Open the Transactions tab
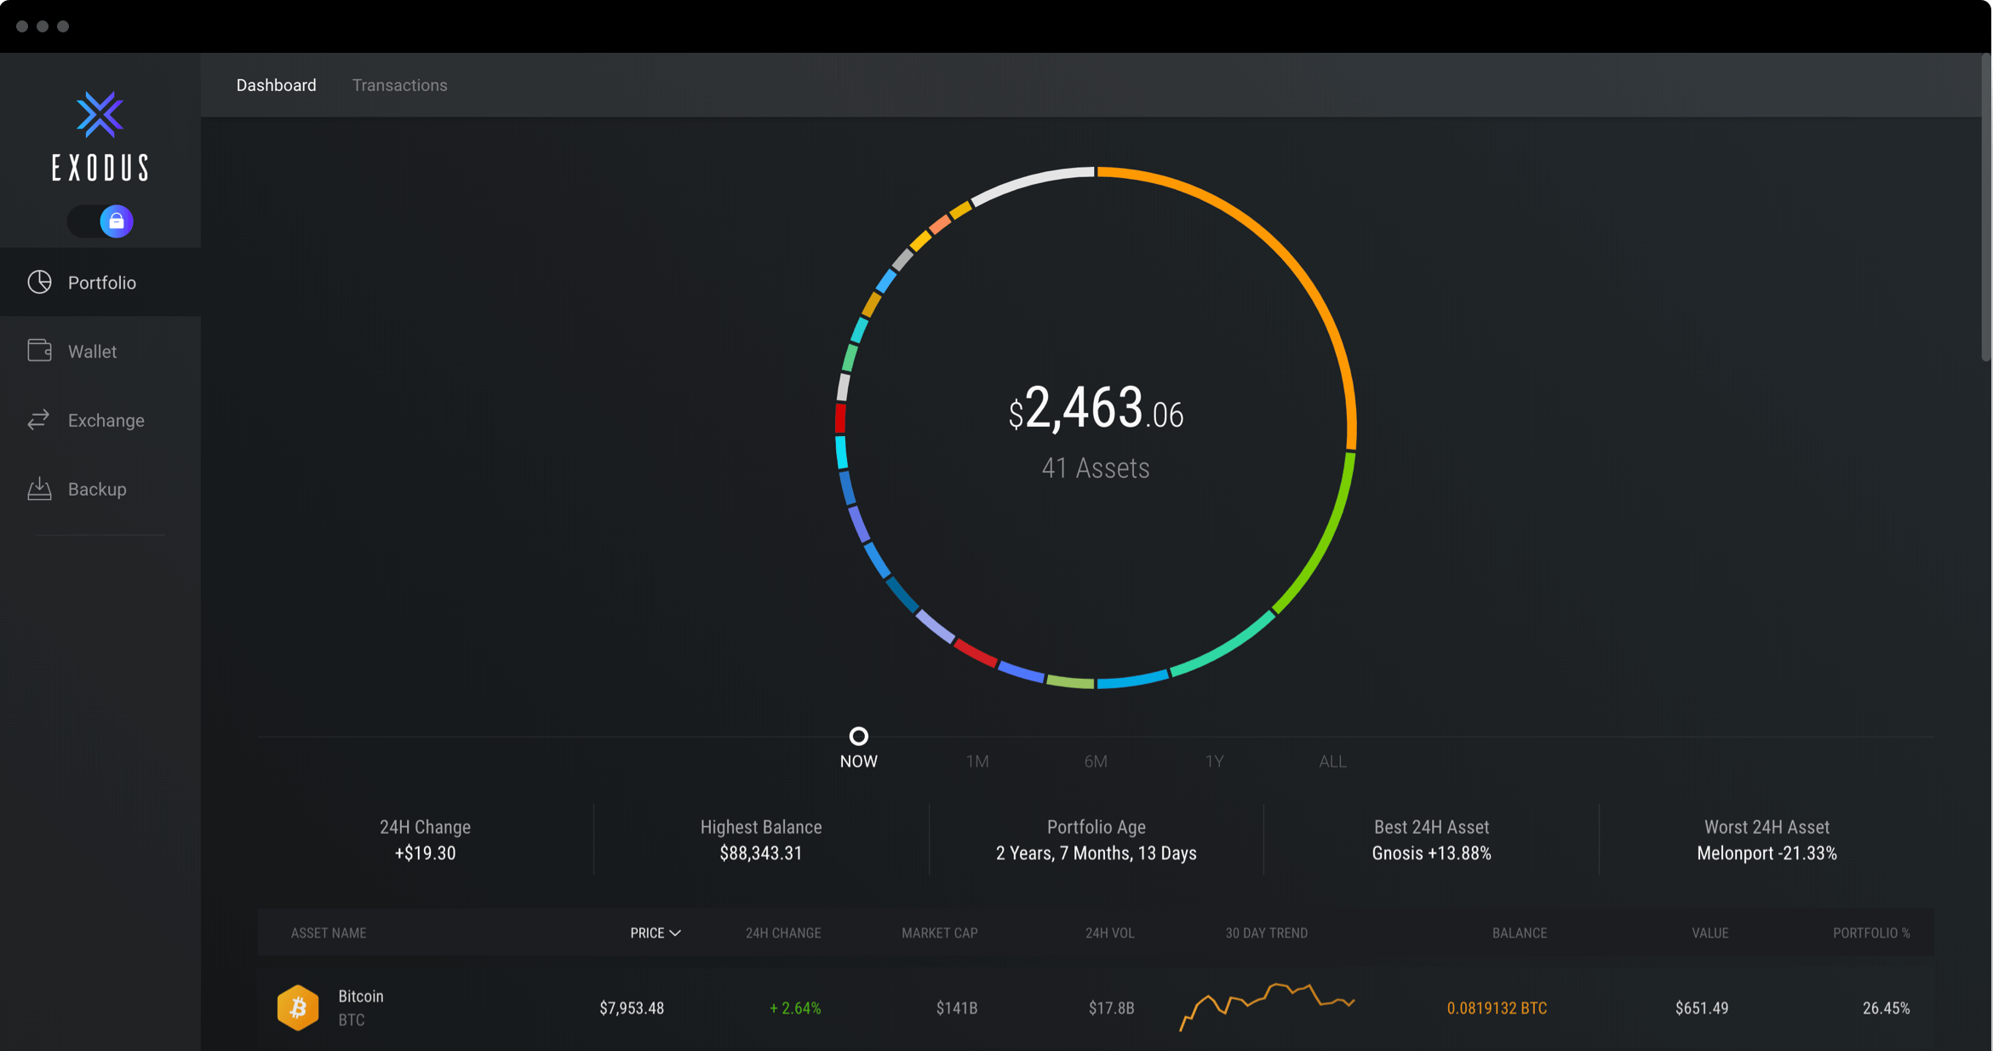[399, 85]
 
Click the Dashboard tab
[276, 85]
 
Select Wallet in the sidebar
[92, 351]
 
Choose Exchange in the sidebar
[106, 420]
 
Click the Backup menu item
[97, 489]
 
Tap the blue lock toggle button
[117, 221]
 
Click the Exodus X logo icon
[100, 115]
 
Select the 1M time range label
[977, 761]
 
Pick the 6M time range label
[1096, 761]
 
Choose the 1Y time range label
[1214, 761]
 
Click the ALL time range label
[1332, 761]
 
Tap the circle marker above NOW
[858, 736]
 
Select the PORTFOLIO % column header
[1871, 933]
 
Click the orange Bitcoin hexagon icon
[298, 1008]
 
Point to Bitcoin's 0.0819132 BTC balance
[1497, 1008]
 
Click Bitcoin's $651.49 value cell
[1701, 1008]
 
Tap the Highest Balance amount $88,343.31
[760, 853]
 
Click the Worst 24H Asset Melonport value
[1767, 853]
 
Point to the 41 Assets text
[1096, 468]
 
